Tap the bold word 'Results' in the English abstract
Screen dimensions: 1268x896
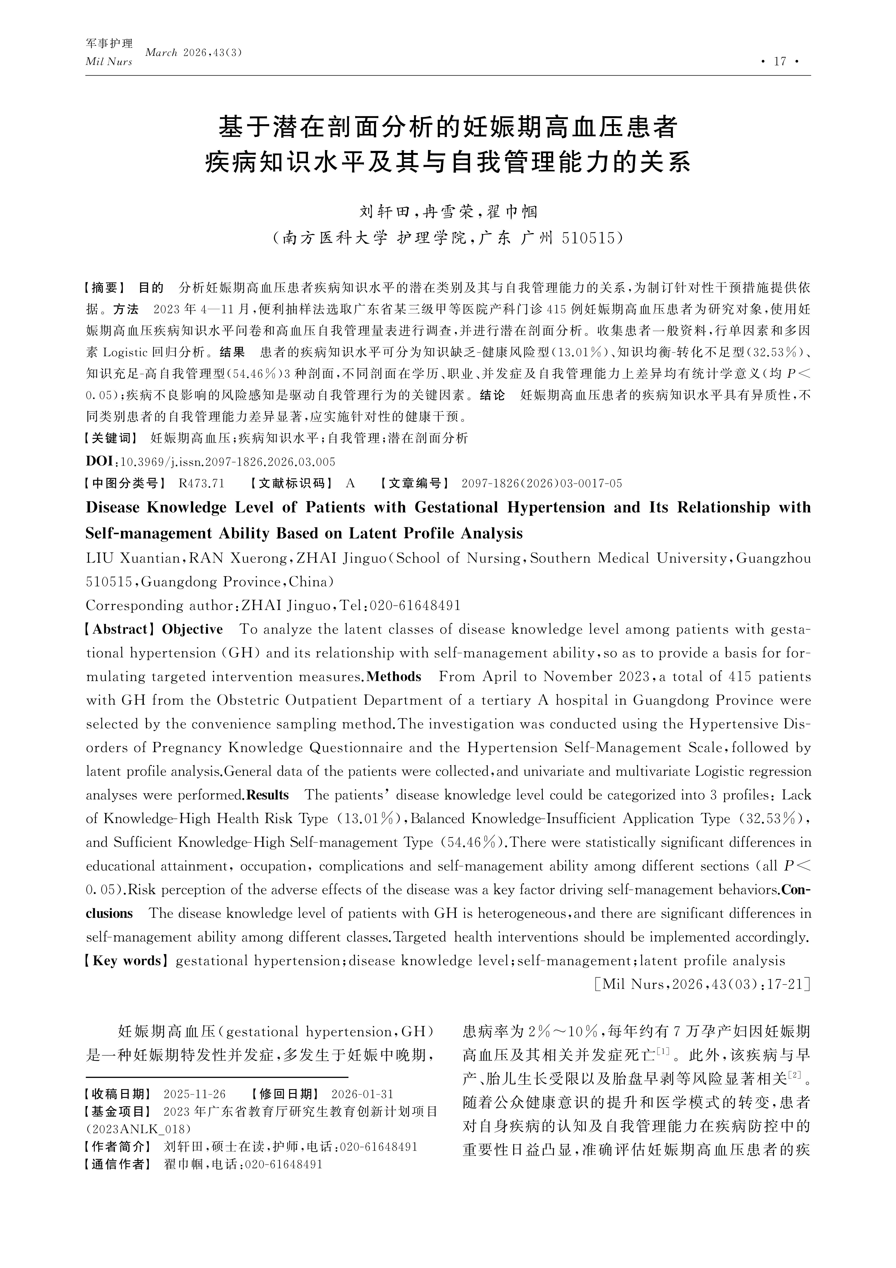(268, 795)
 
